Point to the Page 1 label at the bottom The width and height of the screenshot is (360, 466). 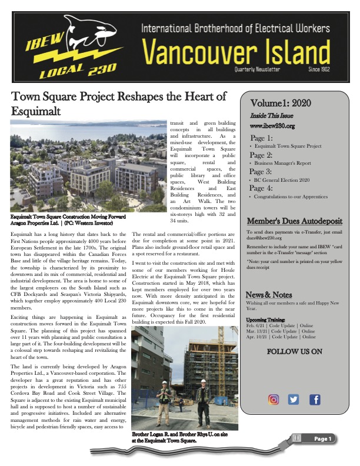(x=323, y=439)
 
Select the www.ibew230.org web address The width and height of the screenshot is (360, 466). (x=272, y=125)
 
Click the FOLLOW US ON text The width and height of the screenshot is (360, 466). (x=295, y=352)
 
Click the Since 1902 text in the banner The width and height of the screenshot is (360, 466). (x=325, y=69)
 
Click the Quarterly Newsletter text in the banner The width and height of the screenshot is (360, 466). (x=255, y=69)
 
